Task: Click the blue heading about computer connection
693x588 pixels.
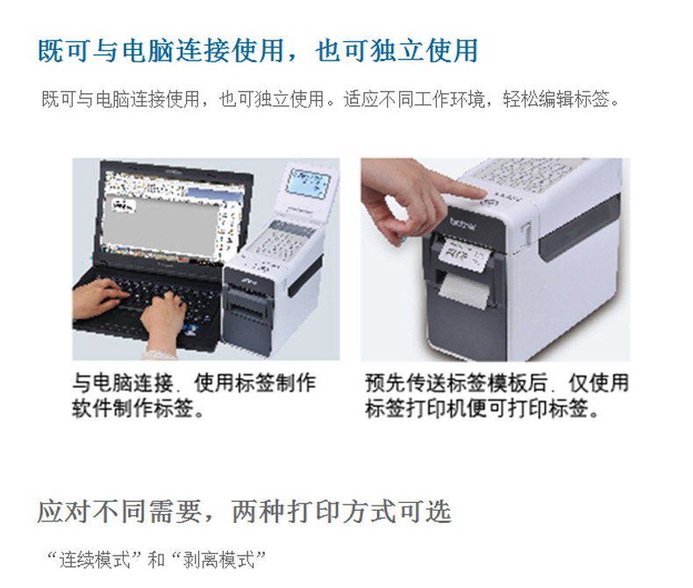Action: [x=258, y=50]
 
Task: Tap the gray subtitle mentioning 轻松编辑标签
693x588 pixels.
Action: [x=330, y=99]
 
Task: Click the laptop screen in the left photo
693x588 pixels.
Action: [x=174, y=215]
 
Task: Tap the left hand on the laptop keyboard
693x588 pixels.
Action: [x=97, y=297]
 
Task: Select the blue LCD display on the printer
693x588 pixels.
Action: [x=309, y=183]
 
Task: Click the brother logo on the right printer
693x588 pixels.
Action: [x=462, y=224]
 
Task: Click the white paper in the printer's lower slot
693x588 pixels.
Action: [x=464, y=291]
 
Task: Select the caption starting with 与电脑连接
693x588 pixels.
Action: [x=195, y=395]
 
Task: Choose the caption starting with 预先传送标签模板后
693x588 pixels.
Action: [x=497, y=395]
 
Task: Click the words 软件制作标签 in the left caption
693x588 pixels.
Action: [x=133, y=407]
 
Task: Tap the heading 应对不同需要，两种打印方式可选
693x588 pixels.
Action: [x=244, y=512]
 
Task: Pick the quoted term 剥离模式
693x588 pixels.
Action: [x=218, y=560]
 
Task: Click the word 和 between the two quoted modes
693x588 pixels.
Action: [x=156, y=560]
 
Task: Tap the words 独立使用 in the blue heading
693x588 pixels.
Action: [x=424, y=50]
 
